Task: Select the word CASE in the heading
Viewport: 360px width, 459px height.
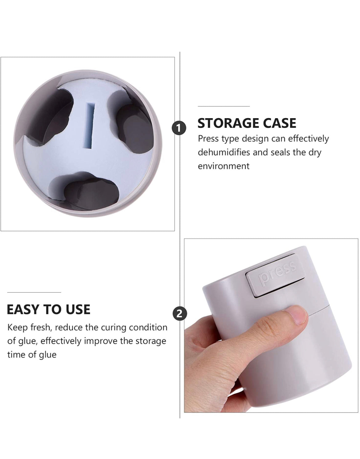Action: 280,123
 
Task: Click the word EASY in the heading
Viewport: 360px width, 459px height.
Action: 23,309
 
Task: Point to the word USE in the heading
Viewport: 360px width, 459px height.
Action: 78,309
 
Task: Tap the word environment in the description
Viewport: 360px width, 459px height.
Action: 223,166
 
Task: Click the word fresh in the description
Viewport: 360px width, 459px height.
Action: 41,327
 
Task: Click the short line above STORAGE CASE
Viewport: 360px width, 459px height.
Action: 223,106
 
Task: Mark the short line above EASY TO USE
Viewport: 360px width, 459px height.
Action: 34,292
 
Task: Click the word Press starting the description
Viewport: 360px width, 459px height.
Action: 208,139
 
